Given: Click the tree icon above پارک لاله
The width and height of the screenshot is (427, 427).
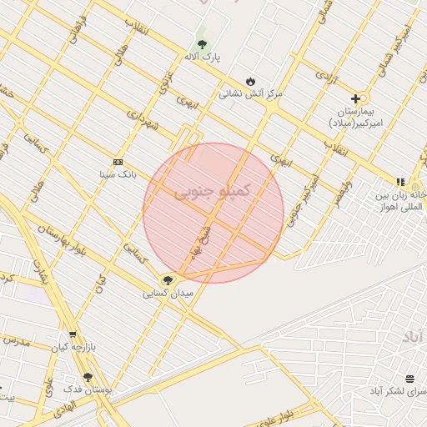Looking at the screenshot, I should (x=201, y=43).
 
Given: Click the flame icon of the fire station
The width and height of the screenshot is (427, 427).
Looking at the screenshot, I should (x=250, y=81).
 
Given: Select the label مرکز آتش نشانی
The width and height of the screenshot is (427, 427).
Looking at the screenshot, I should (x=251, y=93).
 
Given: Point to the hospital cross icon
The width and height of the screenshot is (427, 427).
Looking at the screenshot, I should (x=356, y=98).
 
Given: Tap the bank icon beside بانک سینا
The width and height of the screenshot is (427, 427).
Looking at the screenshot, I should (x=118, y=162).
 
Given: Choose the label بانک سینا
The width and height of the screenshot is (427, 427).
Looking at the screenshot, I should (x=117, y=174).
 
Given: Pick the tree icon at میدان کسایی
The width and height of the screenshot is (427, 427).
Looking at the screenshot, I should (x=168, y=280).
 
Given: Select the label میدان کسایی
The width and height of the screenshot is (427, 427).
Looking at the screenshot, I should (x=168, y=294).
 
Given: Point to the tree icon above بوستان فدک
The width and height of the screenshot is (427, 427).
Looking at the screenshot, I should (x=88, y=377).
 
